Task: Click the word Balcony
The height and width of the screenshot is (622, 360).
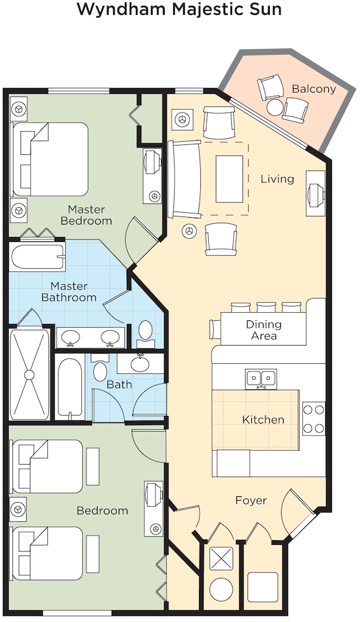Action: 313,89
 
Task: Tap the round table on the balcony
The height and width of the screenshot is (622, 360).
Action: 275,107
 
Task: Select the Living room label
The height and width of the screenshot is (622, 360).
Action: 277,179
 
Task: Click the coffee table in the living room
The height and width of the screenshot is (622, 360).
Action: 229,179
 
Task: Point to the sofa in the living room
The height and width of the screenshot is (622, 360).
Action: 185,179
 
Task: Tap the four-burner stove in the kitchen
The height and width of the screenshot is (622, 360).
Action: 313,419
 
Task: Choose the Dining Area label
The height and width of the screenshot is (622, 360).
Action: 264,330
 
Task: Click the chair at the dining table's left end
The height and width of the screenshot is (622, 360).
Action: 215,328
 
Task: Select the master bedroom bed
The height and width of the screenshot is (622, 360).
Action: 50,159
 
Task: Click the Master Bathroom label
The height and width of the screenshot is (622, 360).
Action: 69,292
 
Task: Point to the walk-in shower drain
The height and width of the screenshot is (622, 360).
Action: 29,374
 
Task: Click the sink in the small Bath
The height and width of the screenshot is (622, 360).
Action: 140,364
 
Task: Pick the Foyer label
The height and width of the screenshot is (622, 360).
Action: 251,501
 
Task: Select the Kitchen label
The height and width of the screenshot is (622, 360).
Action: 263,420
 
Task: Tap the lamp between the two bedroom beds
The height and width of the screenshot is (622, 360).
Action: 18,509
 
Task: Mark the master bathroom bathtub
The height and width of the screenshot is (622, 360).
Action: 37,258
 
